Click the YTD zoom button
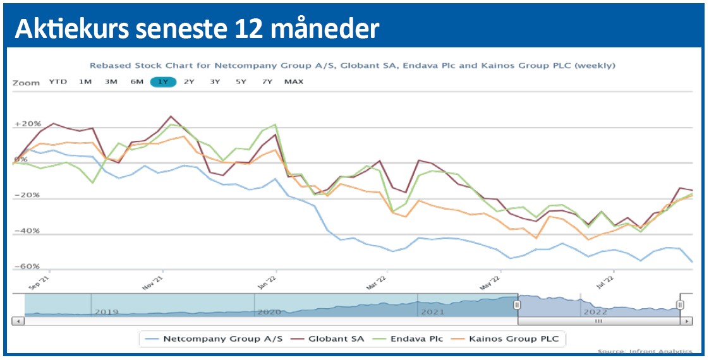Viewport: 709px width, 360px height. coord(58,81)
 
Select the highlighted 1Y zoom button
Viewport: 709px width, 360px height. coord(163,81)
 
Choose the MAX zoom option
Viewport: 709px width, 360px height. coord(294,81)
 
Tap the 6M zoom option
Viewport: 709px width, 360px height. coord(137,81)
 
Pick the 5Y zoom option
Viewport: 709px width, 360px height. coord(241,81)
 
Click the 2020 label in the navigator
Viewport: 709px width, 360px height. coord(269,311)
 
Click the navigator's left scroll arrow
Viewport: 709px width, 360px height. coord(18,321)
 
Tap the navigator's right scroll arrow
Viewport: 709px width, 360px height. coord(687,321)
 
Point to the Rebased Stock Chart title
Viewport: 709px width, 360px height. coord(352,65)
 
